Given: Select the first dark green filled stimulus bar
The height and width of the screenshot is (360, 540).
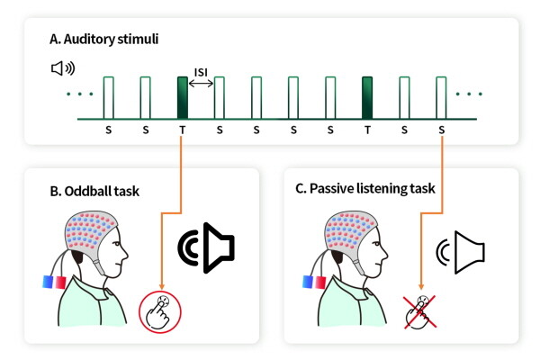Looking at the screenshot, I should click(183, 97).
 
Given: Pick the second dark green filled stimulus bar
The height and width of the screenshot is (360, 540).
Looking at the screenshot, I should click(367, 97).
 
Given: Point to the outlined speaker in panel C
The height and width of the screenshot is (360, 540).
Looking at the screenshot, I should click(464, 251).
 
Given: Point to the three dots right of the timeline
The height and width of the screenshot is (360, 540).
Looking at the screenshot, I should click(471, 94).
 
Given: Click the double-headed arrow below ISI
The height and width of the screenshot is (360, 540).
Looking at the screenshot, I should click(201, 83).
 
